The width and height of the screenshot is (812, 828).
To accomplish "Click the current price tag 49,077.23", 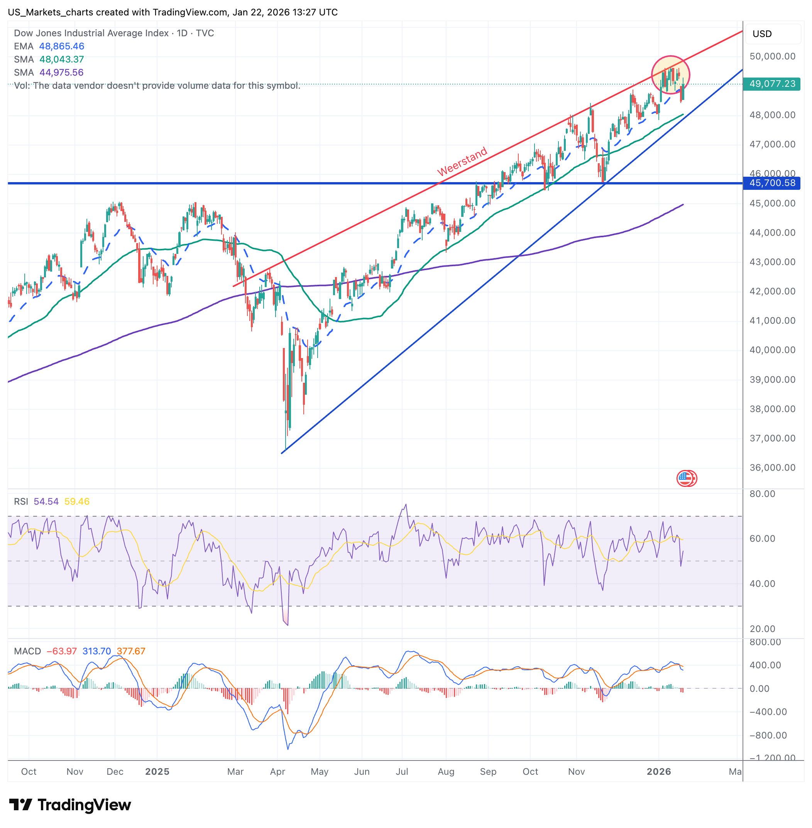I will tap(771, 84).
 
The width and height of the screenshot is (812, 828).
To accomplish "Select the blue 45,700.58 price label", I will tap(771, 183).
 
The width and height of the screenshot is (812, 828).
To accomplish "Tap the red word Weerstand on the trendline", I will tap(462, 161).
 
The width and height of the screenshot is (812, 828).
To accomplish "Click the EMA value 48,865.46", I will tap(62, 46).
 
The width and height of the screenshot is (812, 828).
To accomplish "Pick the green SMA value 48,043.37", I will tap(62, 59).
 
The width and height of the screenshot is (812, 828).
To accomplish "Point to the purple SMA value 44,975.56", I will tap(62, 73).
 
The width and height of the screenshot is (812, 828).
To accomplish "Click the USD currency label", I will tap(762, 34).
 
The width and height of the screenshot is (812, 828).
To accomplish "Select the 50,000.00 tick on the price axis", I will tap(772, 56).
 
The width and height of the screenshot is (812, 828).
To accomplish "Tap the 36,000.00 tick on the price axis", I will tap(772, 468).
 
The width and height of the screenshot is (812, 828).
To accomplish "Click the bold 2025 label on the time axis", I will tap(157, 772).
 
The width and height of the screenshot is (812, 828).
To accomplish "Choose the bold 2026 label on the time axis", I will tap(658, 772).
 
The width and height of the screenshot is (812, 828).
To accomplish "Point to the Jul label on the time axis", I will tap(402, 772).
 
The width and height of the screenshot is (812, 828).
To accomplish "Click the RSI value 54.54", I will tap(46, 502).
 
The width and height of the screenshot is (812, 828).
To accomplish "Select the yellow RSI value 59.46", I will tap(77, 502).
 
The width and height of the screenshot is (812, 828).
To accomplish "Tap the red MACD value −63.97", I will tap(61, 651).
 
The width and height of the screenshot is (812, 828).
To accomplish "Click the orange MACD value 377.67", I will tap(131, 651).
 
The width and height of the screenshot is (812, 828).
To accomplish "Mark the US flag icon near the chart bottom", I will tap(686, 478).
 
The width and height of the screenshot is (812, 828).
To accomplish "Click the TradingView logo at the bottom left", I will tap(70, 805).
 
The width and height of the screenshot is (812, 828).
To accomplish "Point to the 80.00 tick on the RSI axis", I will tap(762, 494).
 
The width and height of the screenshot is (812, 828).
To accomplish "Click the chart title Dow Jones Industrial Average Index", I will tap(91, 33).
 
